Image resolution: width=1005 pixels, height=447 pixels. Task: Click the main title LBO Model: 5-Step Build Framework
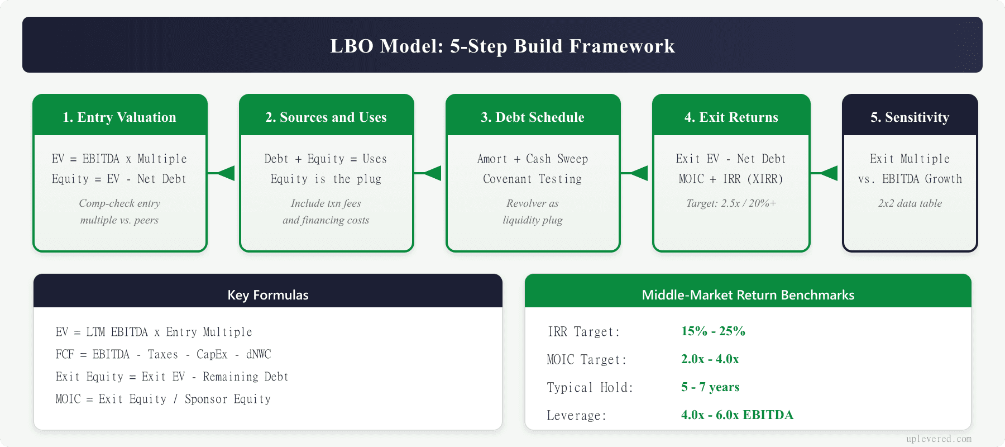(502, 46)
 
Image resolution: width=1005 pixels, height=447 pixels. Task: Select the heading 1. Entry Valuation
(119, 117)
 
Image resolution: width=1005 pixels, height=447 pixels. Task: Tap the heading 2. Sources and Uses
(326, 117)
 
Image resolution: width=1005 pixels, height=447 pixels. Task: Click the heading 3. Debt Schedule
(533, 117)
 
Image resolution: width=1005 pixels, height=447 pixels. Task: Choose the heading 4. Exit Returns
(731, 117)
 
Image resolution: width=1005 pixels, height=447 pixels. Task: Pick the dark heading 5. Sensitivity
(910, 117)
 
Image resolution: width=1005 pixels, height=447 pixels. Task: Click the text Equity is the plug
(326, 179)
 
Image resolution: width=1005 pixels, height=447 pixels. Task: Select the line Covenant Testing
(533, 179)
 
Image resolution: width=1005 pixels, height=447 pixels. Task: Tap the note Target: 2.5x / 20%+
(731, 203)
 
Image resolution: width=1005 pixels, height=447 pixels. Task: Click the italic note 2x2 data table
(910, 203)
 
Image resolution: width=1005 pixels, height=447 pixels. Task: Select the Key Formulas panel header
(268, 294)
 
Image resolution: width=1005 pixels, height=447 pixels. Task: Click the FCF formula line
(163, 354)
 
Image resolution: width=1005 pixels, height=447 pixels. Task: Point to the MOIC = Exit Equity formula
(163, 399)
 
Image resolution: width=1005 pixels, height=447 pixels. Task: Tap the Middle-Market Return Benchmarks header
(748, 294)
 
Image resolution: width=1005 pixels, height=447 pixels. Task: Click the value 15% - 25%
(713, 331)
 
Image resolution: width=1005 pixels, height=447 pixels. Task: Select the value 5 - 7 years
(710, 387)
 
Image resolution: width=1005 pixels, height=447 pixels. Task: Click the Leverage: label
(576, 416)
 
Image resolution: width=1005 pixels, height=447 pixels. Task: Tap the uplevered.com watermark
(939, 439)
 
